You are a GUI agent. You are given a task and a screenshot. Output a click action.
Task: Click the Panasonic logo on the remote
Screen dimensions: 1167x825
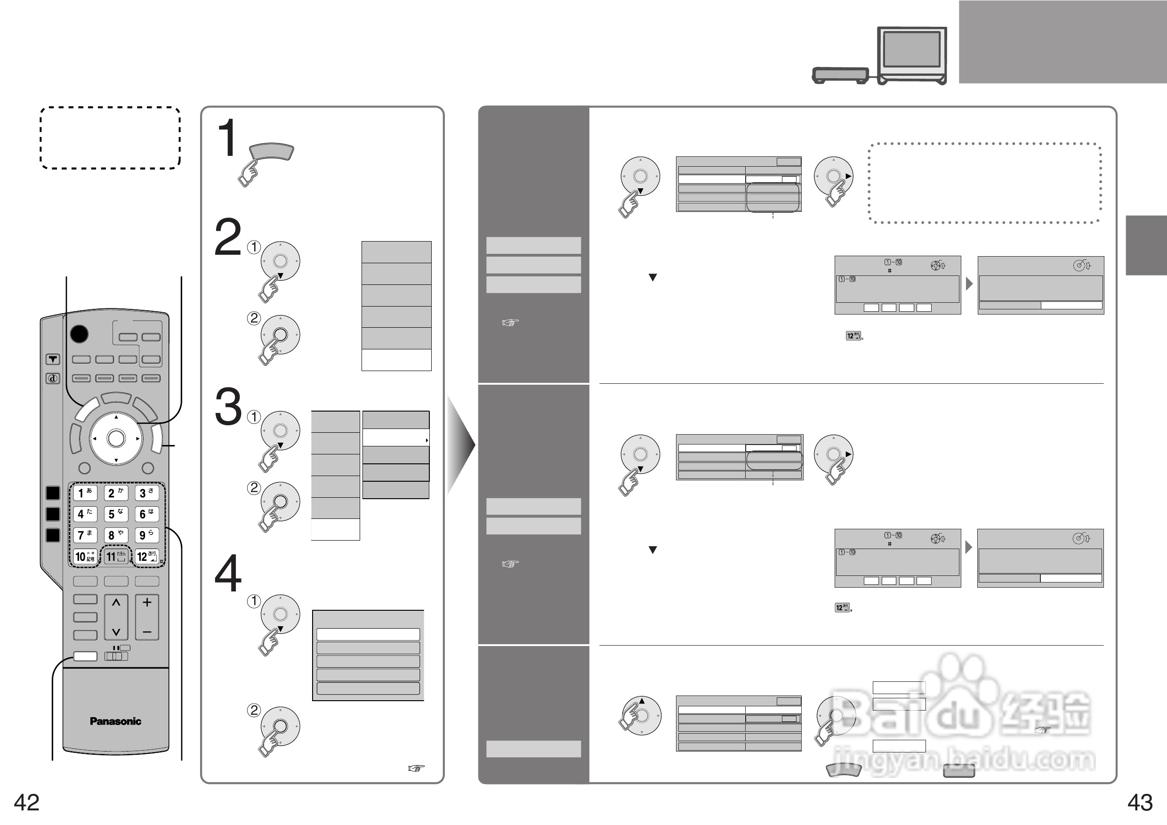(x=115, y=721)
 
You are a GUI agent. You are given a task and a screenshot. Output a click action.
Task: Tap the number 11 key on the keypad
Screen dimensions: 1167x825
(x=116, y=557)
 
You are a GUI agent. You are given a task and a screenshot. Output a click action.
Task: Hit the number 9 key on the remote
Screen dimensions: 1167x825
(x=146, y=535)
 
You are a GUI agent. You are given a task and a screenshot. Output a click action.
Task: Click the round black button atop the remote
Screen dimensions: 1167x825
(x=79, y=334)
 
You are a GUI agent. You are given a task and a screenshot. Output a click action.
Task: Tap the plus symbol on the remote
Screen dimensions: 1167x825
(x=147, y=603)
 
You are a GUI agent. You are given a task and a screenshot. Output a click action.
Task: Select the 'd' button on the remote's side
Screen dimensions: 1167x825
(x=53, y=378)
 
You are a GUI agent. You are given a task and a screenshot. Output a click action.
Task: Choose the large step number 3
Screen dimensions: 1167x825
(x=228, y=407)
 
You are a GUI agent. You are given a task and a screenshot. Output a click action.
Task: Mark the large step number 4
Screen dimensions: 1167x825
(x=228, y=574)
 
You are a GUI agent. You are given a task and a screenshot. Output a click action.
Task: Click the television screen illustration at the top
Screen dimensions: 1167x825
(x=911, y=49)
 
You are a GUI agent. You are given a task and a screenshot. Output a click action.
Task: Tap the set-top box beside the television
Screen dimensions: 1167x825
(x=840, y=75)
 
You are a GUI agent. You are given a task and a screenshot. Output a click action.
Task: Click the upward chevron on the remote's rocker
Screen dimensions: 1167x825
(x=116, y=603)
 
